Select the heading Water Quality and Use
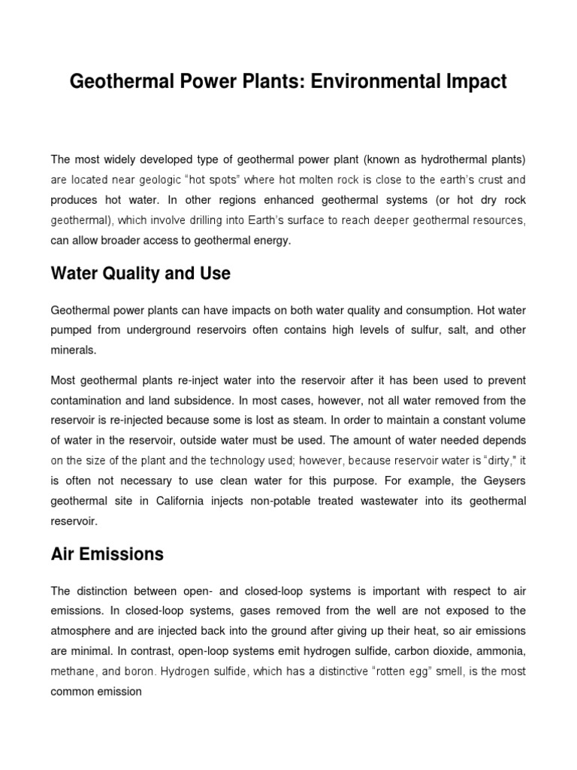coord(140,274)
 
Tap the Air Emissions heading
coord(107,554)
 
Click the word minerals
coord(74,350)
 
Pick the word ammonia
coord(498,650)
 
